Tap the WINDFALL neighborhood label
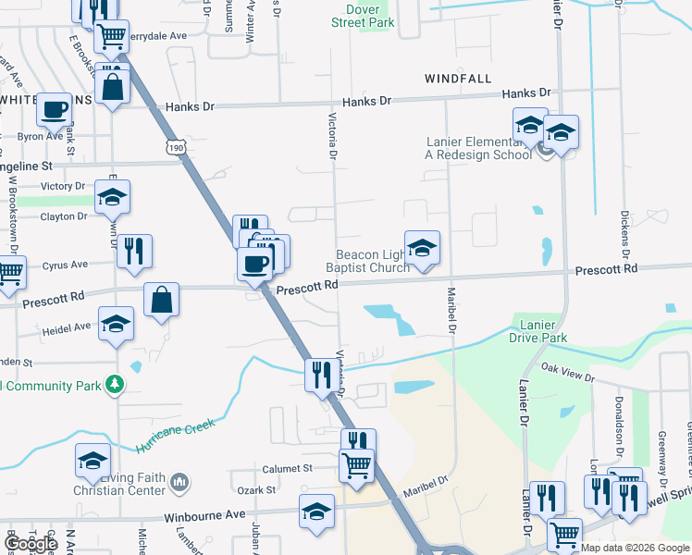tap(458, 80)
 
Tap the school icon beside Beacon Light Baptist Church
tap(422, 249)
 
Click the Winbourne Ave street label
tap(204, 514)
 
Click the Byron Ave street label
tap(40, 137)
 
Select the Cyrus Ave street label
tap(65, 265)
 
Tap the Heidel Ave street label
tap(67, 327)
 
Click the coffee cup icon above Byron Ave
tap(54, 110)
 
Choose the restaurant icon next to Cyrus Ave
tap(134, 251)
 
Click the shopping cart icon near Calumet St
tap(356, 464)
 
